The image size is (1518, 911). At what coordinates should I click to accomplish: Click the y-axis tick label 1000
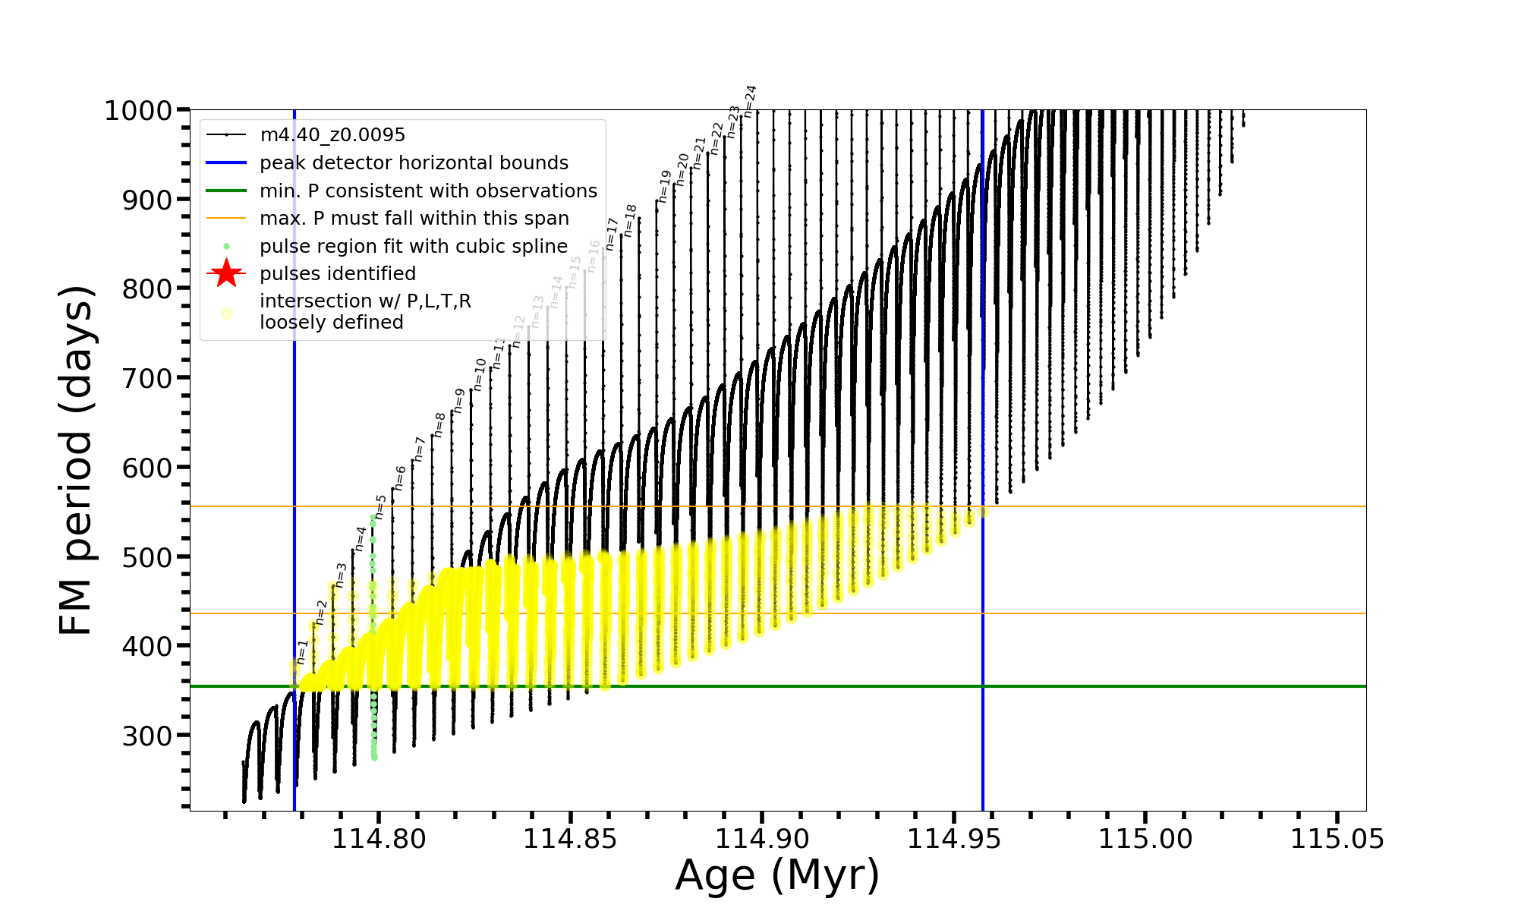[137, 111]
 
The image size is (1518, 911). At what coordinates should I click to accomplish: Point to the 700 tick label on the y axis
[147, 378]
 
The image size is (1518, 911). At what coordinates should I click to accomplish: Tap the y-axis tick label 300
[147, 736]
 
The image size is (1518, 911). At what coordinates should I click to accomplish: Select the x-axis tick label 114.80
[378, 839]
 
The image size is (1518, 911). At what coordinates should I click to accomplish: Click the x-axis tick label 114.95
[953, 839]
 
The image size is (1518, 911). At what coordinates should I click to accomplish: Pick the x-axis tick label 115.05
[1337, 839]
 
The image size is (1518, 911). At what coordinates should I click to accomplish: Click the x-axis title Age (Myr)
[777, 875]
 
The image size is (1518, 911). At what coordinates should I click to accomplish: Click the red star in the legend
[226, 273]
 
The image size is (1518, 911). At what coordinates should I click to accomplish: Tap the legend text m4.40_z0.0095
[332, 135]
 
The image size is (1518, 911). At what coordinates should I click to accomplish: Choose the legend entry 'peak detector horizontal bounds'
[414, 163]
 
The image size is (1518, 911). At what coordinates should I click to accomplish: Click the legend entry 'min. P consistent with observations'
[428, 191]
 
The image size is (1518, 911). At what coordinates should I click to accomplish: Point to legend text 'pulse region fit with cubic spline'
[414, 247]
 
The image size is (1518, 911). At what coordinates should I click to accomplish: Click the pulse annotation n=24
[750, 101]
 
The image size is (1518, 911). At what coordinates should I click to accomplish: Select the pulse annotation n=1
[302, 652]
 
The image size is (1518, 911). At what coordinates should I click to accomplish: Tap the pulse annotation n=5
[380, 507]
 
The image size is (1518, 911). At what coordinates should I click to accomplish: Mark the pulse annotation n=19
[665, 186]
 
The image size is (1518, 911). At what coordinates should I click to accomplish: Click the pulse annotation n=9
[458, 401]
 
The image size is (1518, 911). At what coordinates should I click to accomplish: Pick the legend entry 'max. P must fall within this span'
[414, 219]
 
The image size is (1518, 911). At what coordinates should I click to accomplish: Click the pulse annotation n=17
[612, 234]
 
